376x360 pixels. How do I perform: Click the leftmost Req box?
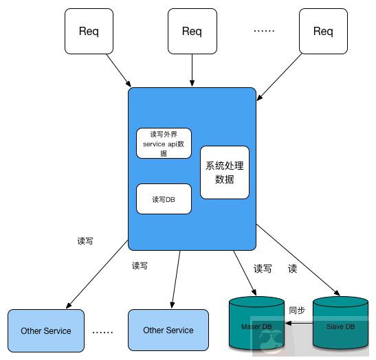coord(88,31)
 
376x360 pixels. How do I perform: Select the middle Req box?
coord(192,31)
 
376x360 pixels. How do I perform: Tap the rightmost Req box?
coord(322,31)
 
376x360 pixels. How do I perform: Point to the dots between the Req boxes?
coord(264,31)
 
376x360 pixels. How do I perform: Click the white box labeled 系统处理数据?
coord(225,172)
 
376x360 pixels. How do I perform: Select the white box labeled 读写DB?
coord(164,199)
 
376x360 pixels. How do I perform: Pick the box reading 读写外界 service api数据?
coord(164,144)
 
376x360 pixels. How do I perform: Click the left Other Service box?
coord(46,330)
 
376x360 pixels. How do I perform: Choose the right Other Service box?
coord(168,330)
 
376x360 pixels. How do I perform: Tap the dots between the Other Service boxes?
coord(102,331)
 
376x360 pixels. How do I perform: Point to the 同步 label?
coord(297,310)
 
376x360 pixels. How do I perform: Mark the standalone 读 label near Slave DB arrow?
coord(292,269)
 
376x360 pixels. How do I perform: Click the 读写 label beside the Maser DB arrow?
coord(263,269)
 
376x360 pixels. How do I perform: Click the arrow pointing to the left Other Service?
coord(96,275)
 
